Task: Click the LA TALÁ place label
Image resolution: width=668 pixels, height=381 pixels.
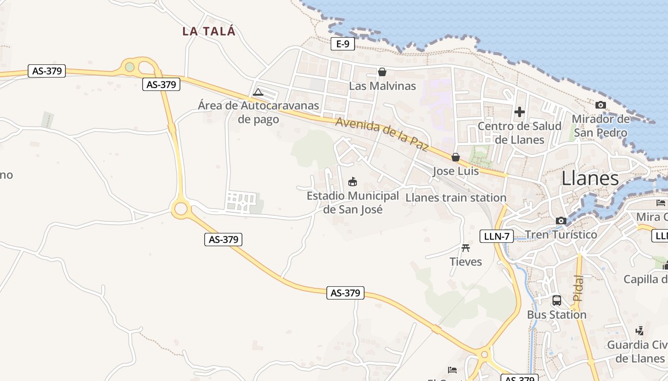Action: (x=209, y=31)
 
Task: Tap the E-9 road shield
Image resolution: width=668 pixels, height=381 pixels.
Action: (x=343, y=44)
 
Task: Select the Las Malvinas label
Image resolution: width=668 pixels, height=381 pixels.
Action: (x=382, y=86)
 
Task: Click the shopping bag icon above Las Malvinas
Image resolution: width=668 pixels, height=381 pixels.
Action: (x=382, y=72)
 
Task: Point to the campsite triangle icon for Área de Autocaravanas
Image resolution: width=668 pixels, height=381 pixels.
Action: (x=258, y=92)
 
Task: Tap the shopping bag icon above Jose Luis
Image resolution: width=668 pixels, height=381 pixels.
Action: (x=456, y=157)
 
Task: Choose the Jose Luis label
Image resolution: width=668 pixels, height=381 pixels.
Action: (x=456, y=171)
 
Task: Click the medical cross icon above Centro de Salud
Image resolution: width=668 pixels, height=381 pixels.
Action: (x=520, y=112)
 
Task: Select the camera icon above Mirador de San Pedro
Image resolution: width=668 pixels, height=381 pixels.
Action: (x=600, y=105)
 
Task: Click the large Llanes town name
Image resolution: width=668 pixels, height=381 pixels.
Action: (x=590, y=179)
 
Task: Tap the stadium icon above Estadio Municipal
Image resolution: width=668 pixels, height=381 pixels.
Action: (x=353, y=181)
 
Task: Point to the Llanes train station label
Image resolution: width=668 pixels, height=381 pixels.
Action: (x=456, y=198)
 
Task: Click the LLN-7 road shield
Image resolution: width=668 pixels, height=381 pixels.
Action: (x=496, y=236)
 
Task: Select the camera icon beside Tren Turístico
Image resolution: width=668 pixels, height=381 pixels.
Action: (x=561, y=221)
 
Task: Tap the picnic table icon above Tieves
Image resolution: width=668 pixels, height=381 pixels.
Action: (x=466, y=248)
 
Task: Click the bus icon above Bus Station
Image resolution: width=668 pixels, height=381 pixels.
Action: (x=556, y=301)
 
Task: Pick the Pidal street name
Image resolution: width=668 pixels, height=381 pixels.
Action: (x=578, y=288)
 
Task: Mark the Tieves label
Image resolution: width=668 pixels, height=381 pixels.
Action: (x=466, y=261)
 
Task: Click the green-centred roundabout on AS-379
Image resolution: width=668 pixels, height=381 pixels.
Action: (x=130, y=67)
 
